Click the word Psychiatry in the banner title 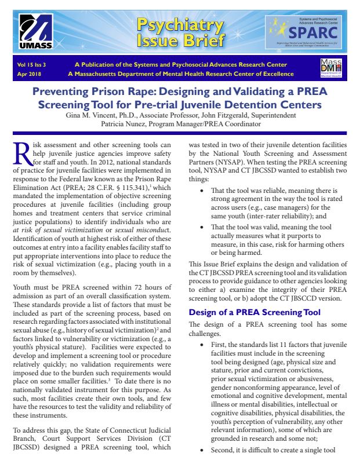click(x=180, y=25)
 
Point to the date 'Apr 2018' click(x=30, y=74)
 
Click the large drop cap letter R click(x=23, y=153)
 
